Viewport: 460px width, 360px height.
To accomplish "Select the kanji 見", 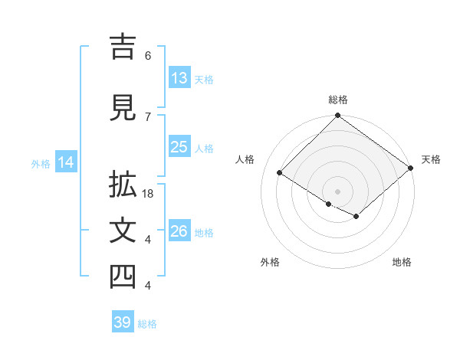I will [123, 108].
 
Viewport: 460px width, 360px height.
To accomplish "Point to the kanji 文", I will [123, 232].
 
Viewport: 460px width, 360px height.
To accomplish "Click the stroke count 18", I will [149, 194].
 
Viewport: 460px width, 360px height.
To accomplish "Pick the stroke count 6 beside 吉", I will [147, 55].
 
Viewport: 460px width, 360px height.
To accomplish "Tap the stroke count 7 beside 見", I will [147, 116].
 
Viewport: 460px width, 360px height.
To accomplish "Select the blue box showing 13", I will [179, 78].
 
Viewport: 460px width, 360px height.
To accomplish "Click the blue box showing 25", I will [179, 147].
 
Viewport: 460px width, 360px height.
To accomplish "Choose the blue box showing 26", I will [179, 231].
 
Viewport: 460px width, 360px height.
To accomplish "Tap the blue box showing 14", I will [66, 162].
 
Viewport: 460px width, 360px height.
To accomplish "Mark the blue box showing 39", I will [123, 322].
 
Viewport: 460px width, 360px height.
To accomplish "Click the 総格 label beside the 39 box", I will [147, 324].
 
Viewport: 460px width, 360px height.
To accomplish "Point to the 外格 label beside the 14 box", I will [41, 163].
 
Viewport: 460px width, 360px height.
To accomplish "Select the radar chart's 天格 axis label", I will [431, 159].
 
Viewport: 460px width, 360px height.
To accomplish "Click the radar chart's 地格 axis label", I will [402, 262].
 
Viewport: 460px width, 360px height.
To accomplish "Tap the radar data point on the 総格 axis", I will [337, 116].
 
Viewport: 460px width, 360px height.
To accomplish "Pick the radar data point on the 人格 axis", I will [280, 174].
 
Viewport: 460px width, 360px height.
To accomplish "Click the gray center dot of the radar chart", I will [337, 191].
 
